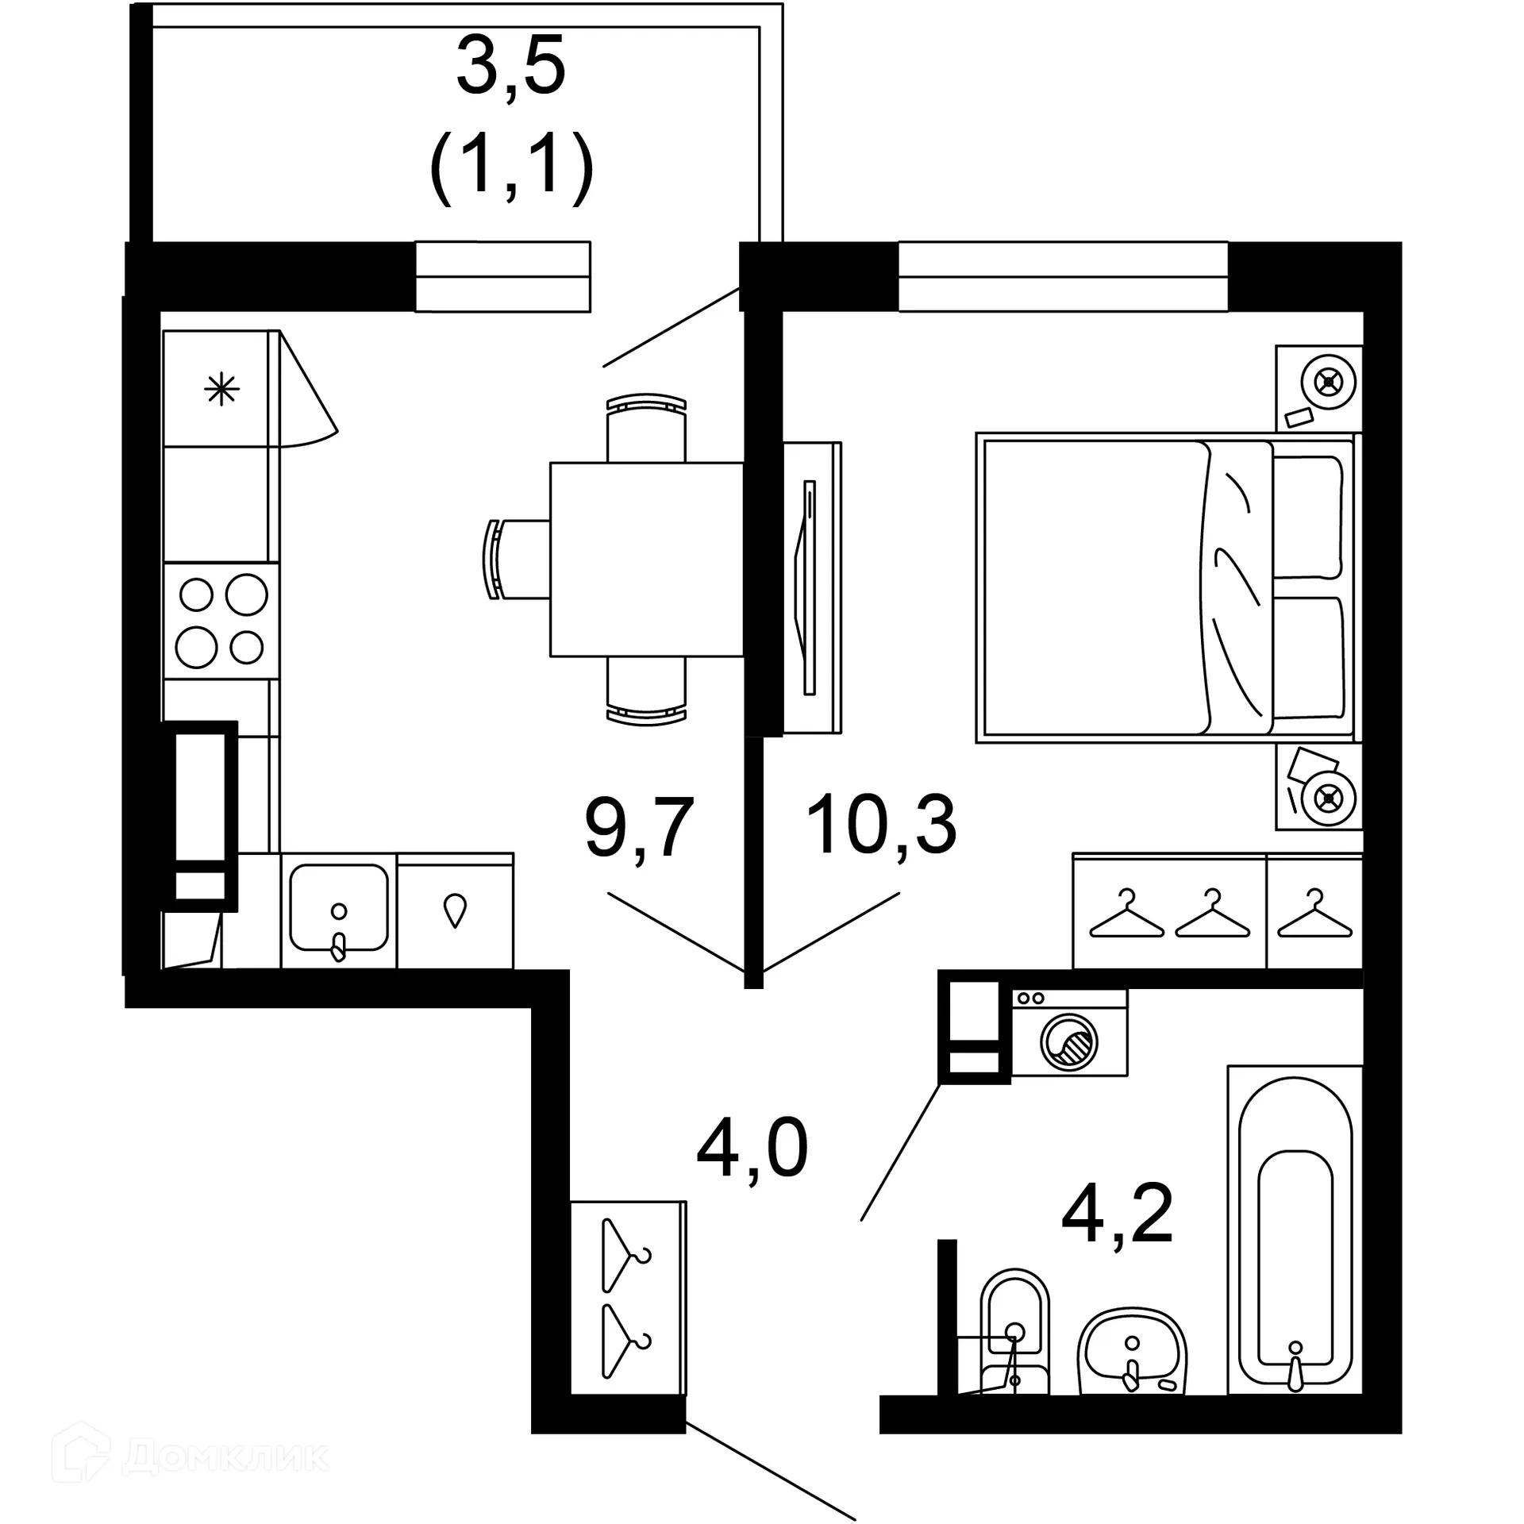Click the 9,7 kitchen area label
tap(639, 829)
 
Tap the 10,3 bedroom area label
tap(881, 825)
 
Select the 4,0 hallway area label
tap(752, 1148)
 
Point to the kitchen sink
tap(339, 910)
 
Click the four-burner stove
tap(221, 621)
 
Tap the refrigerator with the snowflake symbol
tap(221, 389)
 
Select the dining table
tap(647, 560)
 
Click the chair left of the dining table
tap(516, 560)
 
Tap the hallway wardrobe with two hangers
tap(628, 1298)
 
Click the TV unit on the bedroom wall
tap(811, 587)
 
